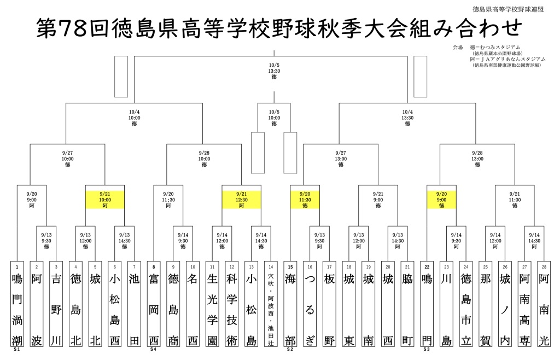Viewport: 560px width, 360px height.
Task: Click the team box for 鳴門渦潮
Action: point(17,304)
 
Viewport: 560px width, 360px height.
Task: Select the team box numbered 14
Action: point(271,304)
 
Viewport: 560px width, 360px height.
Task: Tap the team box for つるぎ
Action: point(310,304)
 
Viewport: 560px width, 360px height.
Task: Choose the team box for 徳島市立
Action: point(465,304)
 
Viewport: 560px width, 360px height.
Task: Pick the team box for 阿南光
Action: point(544,304)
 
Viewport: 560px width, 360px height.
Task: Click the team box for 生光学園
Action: point(212,304)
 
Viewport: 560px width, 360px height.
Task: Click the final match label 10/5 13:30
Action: point(274,71)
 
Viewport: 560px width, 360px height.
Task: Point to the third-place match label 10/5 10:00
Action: point(274,117)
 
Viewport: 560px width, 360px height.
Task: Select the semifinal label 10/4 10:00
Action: point(134,117)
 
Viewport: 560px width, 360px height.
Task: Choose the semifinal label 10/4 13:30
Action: point(407,117)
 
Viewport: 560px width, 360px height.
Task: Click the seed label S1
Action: point(17,349)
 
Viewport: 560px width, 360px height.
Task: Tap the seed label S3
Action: point(427,349)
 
